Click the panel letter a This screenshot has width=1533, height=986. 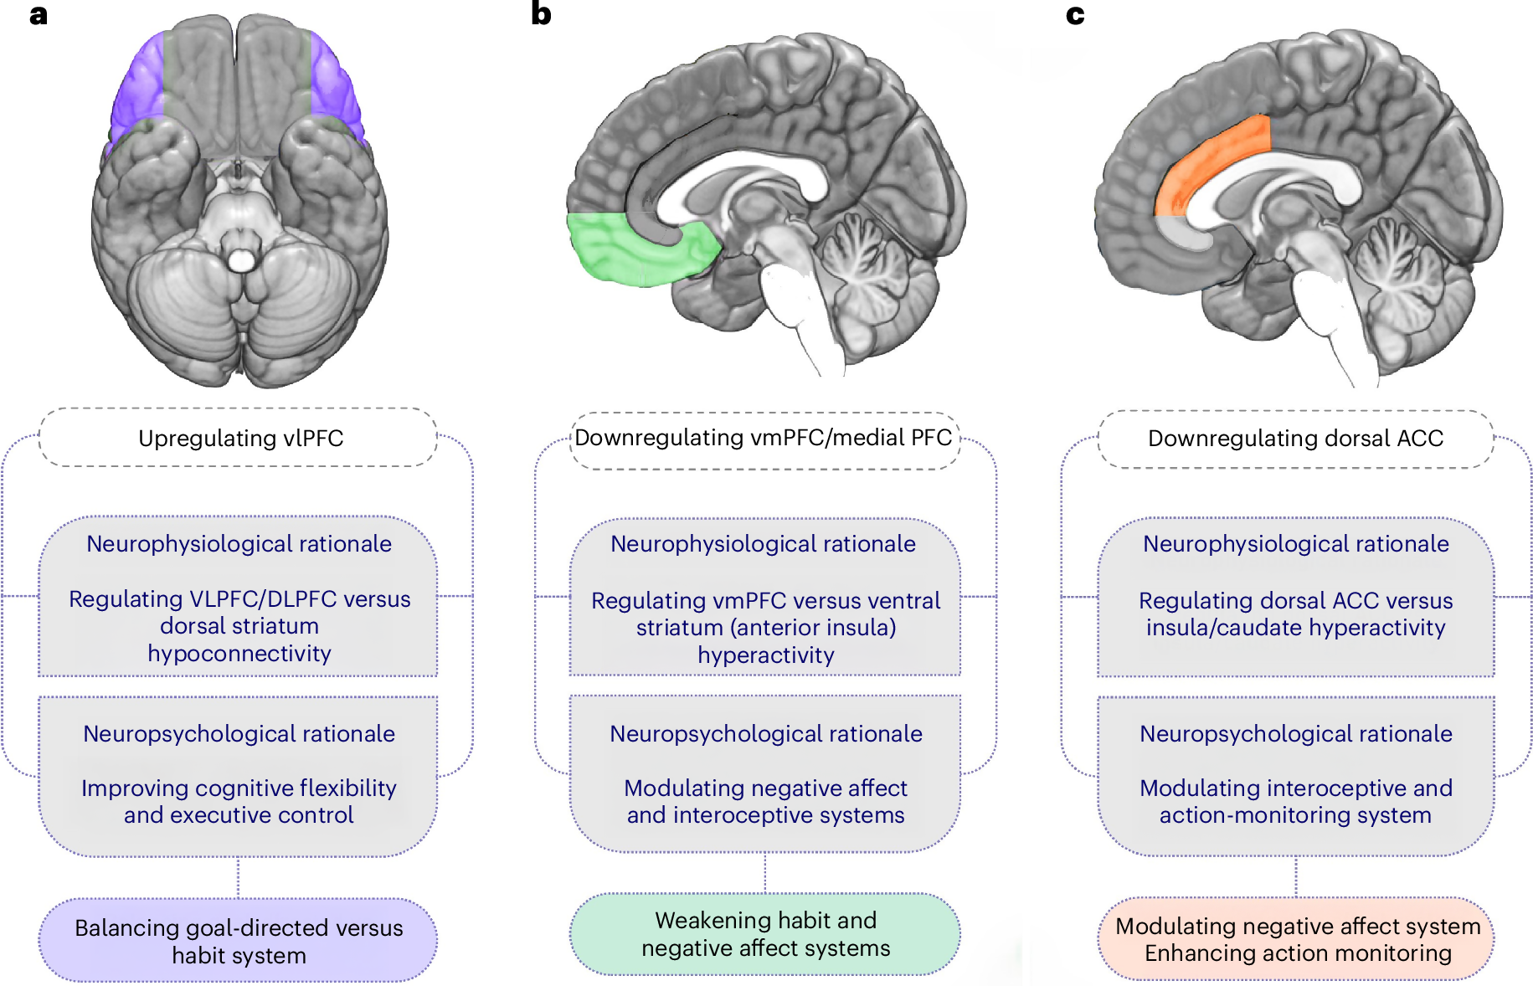pos(38,15)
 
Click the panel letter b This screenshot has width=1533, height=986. pos(541,14)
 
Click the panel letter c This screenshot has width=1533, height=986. pos(1075,15)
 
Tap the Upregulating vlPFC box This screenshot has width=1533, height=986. pos(240,438)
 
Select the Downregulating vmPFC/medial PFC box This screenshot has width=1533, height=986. pos(764,438)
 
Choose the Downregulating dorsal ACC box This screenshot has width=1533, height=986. pos(1295,438)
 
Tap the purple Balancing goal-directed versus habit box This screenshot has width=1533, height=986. pos(239,941)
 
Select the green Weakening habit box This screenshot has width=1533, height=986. pos(765,934)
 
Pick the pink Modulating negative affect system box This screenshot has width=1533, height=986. pos(1297,939)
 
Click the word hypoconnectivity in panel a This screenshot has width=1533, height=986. pos(239,654)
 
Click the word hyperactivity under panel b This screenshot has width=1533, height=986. pos(765,655)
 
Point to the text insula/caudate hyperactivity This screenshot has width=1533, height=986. pos(1295,628)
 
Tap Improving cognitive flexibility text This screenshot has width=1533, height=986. pos(239,788)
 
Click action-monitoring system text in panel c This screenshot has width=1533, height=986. pos(1295,815)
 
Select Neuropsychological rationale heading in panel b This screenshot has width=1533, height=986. pos(765,734)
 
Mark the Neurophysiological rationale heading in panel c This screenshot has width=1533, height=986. pos(1295,544)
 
